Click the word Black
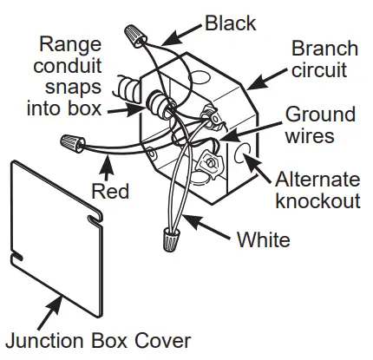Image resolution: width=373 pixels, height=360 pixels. point(231,21)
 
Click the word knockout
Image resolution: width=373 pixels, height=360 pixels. point(319,202)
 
